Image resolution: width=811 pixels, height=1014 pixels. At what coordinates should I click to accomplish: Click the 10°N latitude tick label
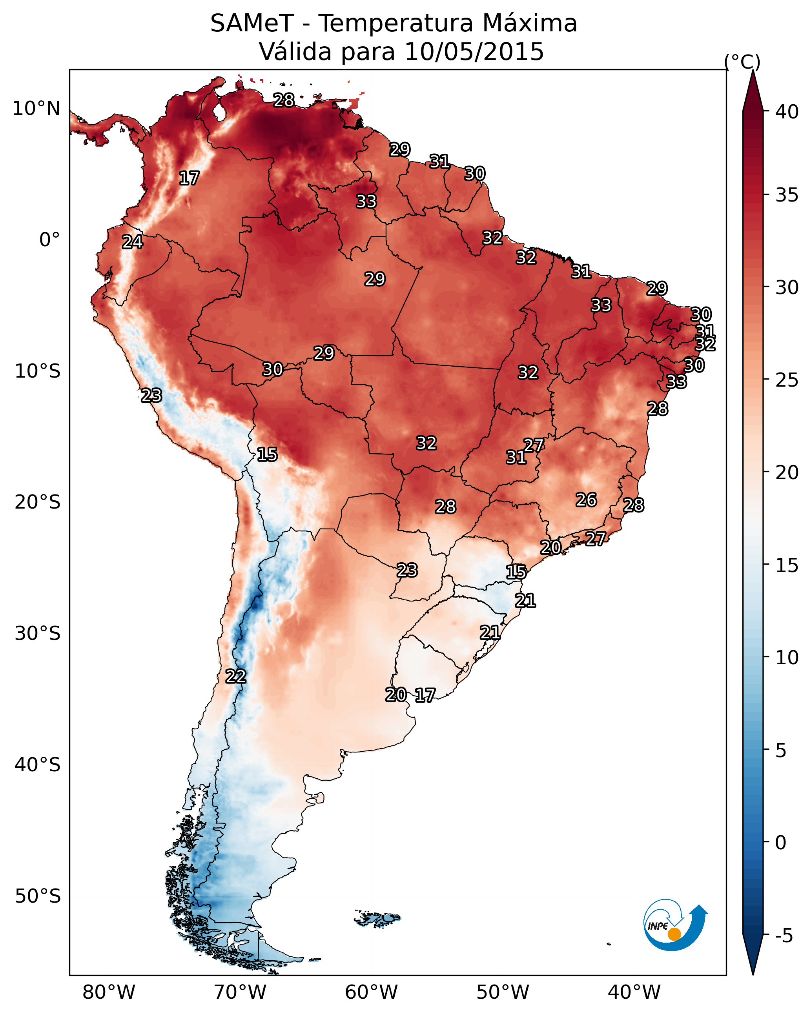click(36, 109)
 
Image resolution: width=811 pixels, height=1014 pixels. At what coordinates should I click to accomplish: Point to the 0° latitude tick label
click(49, 240)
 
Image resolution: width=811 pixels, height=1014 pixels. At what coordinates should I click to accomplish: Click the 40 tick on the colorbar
click(787, 112)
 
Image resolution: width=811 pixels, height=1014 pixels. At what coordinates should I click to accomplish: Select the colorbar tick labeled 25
click(787, 380)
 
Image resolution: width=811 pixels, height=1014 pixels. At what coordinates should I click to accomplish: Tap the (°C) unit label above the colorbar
click(742, 62)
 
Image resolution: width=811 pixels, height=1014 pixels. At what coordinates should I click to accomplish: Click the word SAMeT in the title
click(252, 24)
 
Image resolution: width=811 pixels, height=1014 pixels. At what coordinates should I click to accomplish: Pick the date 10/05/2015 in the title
click(474, 52)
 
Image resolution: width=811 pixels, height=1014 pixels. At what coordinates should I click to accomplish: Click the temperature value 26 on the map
click(586, 500)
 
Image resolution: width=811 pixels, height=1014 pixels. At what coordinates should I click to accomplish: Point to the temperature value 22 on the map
click(235, 676)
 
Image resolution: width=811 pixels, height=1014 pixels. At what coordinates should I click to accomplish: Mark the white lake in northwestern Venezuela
click(219, 112)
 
